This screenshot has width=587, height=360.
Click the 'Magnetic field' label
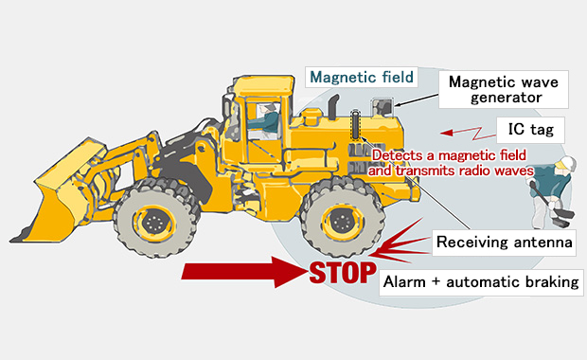click(x=362, y=77)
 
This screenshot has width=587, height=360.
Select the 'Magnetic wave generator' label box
click(x=503, y=90)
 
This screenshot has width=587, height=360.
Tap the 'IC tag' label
click(x=530, y=130)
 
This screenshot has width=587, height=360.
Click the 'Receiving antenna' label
click(x=504, y=243)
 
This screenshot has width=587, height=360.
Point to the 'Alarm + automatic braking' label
click(x=481, y=282)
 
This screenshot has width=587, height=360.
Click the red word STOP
click(x=343, y=273)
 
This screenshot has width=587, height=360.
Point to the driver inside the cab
click(x=265, y=120)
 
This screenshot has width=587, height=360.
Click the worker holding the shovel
click(x=552, y=191)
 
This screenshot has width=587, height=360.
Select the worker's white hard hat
click(x=566, y=163)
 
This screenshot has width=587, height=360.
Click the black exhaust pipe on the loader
click(x=334, y=106)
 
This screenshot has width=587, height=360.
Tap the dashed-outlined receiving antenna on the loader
click(x=355, y=124)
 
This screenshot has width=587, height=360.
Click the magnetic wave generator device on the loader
click(x=382, y=108)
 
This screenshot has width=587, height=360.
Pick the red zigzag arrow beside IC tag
click(x=468, y=133)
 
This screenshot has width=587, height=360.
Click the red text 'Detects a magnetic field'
click(x=449, y=155)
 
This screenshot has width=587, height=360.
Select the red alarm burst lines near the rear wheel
click(x=400, y=243)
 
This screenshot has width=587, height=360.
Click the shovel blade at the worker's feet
click(x=562, y=218)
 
